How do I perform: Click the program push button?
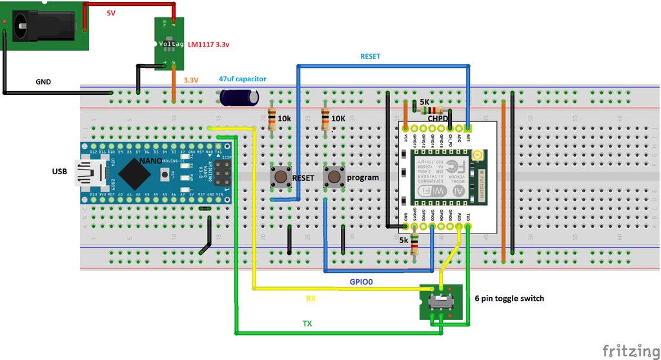(x=334, y=176)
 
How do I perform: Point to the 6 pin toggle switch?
(x=440, y=301)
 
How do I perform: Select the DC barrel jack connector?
(x=42, y=25)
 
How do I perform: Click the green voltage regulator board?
(x=168, y=43)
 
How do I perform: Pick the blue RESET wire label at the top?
(x=370, y=57)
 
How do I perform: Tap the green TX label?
(x=307, y=323)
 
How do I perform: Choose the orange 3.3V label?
(x=191, y=80)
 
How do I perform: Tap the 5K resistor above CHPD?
(x=427, y=110)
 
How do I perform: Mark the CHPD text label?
(x=437, y=119)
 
